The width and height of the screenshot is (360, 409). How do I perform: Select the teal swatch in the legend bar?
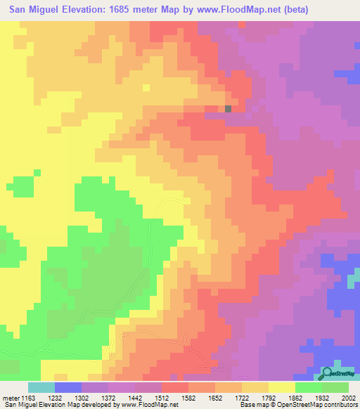(41, 387)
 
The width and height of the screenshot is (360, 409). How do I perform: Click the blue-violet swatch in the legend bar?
(68, 387)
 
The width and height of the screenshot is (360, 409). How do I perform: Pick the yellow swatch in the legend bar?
(282, 387)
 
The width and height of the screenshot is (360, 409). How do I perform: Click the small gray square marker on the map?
(229, 109)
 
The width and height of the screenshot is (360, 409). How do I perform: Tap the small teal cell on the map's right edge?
(352, 280)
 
